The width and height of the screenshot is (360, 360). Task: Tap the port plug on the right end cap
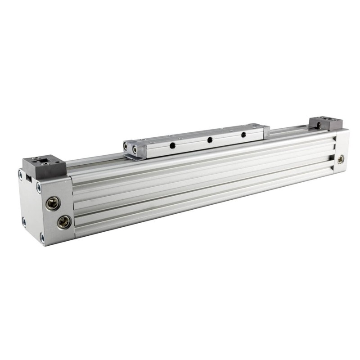click(x=341, y=158)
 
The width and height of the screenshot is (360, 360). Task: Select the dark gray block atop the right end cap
click(x=325, y=123)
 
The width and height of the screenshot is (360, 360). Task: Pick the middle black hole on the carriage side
click(x=209, y=140)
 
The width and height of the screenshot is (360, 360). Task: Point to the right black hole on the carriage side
click(x=243, y=134)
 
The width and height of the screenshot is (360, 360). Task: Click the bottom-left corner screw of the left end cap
click(x=24, y=220)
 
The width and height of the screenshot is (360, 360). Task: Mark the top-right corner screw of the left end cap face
click(x=39, y=185)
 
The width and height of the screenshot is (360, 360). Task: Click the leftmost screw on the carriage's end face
click(x=126, y=146)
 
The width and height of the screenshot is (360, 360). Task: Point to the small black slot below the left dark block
click(x=28, y=177)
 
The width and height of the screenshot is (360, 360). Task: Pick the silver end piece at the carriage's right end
click(x=266, y=131)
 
